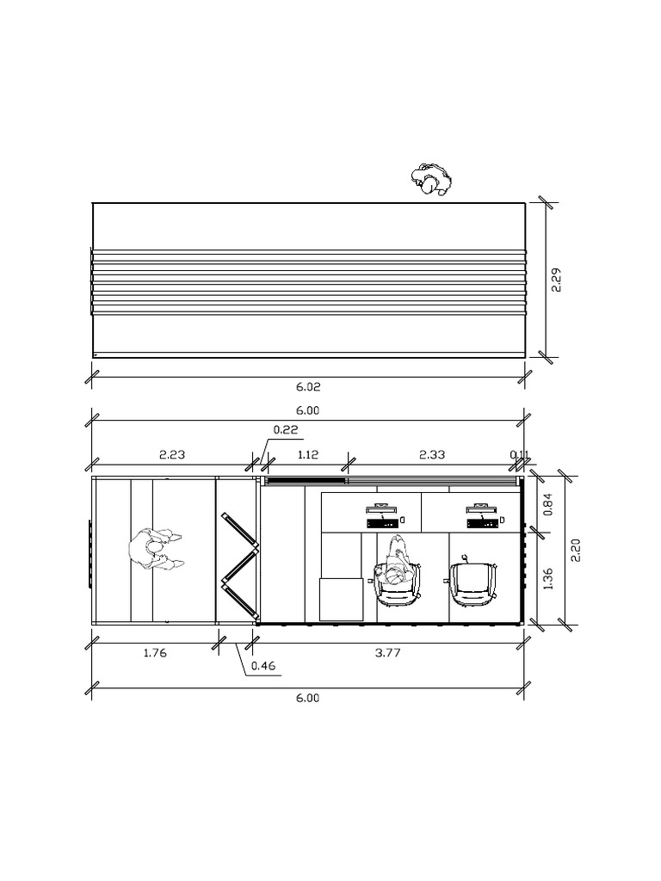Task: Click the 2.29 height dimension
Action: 557,280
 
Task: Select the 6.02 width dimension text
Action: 307,387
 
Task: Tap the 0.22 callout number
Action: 286,429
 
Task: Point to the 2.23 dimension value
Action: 172,453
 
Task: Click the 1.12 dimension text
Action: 307,453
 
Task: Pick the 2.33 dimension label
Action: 432,453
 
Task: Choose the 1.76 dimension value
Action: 155,653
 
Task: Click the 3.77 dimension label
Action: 388,653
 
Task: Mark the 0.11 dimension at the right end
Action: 519,454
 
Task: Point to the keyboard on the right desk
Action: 483,521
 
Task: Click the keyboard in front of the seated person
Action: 382,521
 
